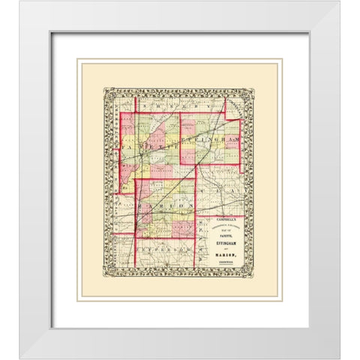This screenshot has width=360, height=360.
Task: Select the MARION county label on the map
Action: click(160, 204)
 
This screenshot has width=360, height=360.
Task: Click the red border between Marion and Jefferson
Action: click(161, 235)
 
